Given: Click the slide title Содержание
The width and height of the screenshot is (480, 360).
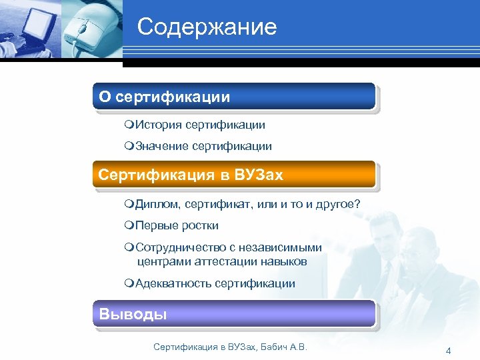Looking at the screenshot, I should (207, 27).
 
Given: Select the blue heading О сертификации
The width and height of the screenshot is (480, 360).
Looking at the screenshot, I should (165, 97).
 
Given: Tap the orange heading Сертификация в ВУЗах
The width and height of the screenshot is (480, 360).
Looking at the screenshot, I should (191, 175).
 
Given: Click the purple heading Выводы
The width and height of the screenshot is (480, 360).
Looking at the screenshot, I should (133, 314).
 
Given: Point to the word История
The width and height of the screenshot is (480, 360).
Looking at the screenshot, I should (159, 125).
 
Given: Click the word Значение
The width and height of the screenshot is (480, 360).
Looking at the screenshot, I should (162, 146).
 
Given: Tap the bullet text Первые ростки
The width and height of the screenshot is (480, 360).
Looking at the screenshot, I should (177, 225).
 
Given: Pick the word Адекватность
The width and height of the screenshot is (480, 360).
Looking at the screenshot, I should (173, 283).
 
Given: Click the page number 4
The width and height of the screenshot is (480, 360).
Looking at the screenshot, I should (448, 351).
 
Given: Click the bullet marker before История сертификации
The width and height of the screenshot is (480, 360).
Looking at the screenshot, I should (129, 125).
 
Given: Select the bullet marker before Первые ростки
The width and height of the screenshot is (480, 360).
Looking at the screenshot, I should (129, 226).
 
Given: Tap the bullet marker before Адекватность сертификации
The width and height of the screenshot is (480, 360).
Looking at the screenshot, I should (129, 284).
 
